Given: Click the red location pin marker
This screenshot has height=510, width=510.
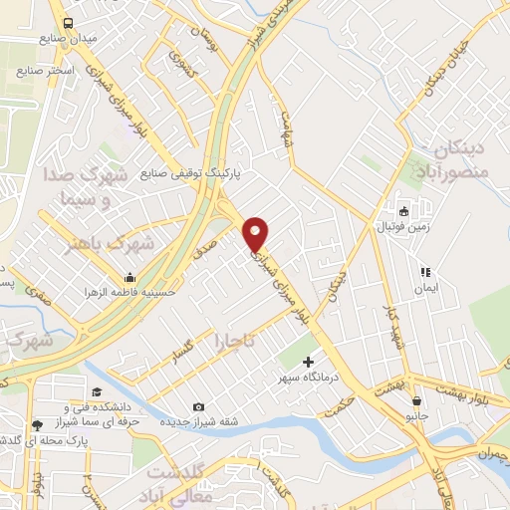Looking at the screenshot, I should [x=256, y=233].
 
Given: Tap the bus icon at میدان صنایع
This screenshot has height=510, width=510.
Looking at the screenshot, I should [x=67, y=23].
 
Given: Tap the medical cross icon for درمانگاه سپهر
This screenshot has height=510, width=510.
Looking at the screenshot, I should [x=308, y=363].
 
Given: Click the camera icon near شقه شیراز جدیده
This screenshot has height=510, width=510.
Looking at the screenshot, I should [x=199, y=406].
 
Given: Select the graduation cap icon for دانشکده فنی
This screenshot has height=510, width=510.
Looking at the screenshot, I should [x=97, y=391].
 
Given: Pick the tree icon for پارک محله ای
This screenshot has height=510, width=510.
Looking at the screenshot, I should [x=38, y=425].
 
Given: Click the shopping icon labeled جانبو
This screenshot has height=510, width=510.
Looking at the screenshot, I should [x=417, y=401].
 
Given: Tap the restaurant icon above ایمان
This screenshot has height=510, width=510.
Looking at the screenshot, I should [x=425, y=271].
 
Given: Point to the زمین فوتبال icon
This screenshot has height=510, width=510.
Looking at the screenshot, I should [x=404, y=211].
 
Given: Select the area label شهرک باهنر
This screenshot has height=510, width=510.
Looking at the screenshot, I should [x=107, y=242].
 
